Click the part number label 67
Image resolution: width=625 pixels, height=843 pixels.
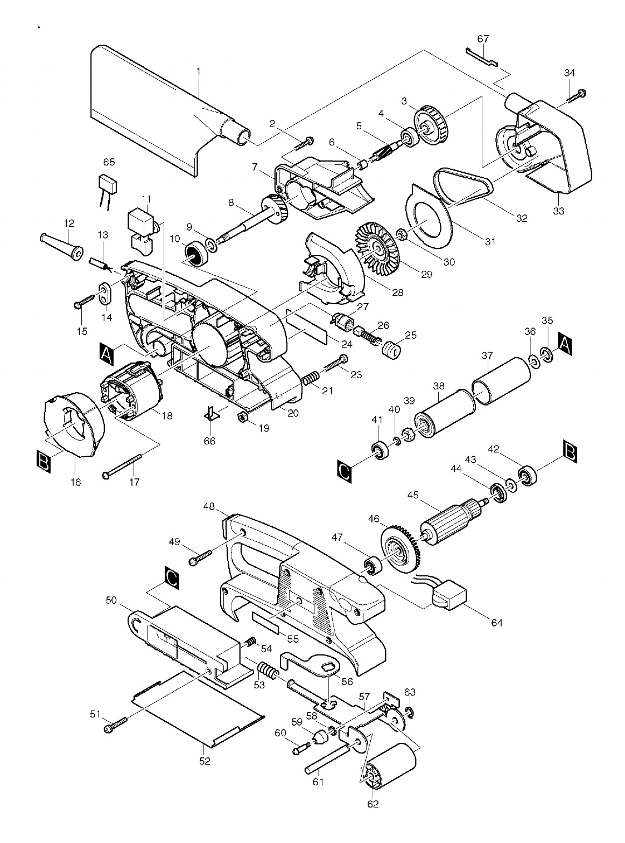483,39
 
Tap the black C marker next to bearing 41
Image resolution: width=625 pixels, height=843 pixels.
344,470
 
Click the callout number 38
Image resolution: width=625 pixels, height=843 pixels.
438,386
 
